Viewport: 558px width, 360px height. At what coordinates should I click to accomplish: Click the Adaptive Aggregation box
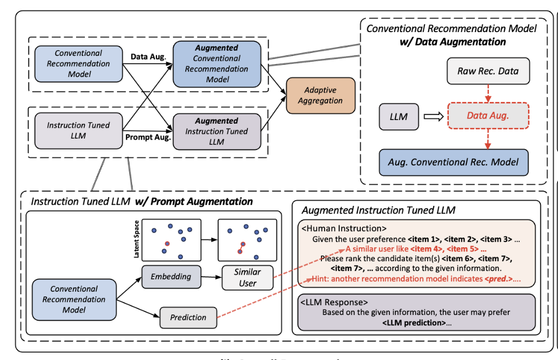click(320, 95)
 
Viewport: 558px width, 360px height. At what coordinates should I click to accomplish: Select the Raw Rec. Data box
click(488, 71)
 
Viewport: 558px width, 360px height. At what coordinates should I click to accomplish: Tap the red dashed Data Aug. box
click(488, 116)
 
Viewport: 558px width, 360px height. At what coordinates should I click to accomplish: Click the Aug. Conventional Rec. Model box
click(453, 162)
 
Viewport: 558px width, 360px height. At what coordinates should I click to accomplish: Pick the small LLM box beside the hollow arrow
click(398, 116)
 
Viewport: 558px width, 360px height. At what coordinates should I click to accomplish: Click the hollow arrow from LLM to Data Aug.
click(432, 116)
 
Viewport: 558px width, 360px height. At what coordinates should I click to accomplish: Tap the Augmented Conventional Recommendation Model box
click(217, 64)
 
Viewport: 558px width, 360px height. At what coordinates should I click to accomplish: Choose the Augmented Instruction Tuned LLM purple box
click(217, 131)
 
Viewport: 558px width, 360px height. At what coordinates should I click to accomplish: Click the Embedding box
click(171, 277)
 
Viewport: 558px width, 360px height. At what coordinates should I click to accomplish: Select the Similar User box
click(247, 277)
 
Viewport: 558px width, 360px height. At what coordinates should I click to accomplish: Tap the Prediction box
click(188, 318)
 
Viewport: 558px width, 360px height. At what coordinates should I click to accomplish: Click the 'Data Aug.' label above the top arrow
click(148, 56)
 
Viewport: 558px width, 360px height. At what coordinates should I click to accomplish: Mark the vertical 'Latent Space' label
click(137, 238)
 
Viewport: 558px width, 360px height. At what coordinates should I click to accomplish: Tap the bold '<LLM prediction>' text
click(416, 323)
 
